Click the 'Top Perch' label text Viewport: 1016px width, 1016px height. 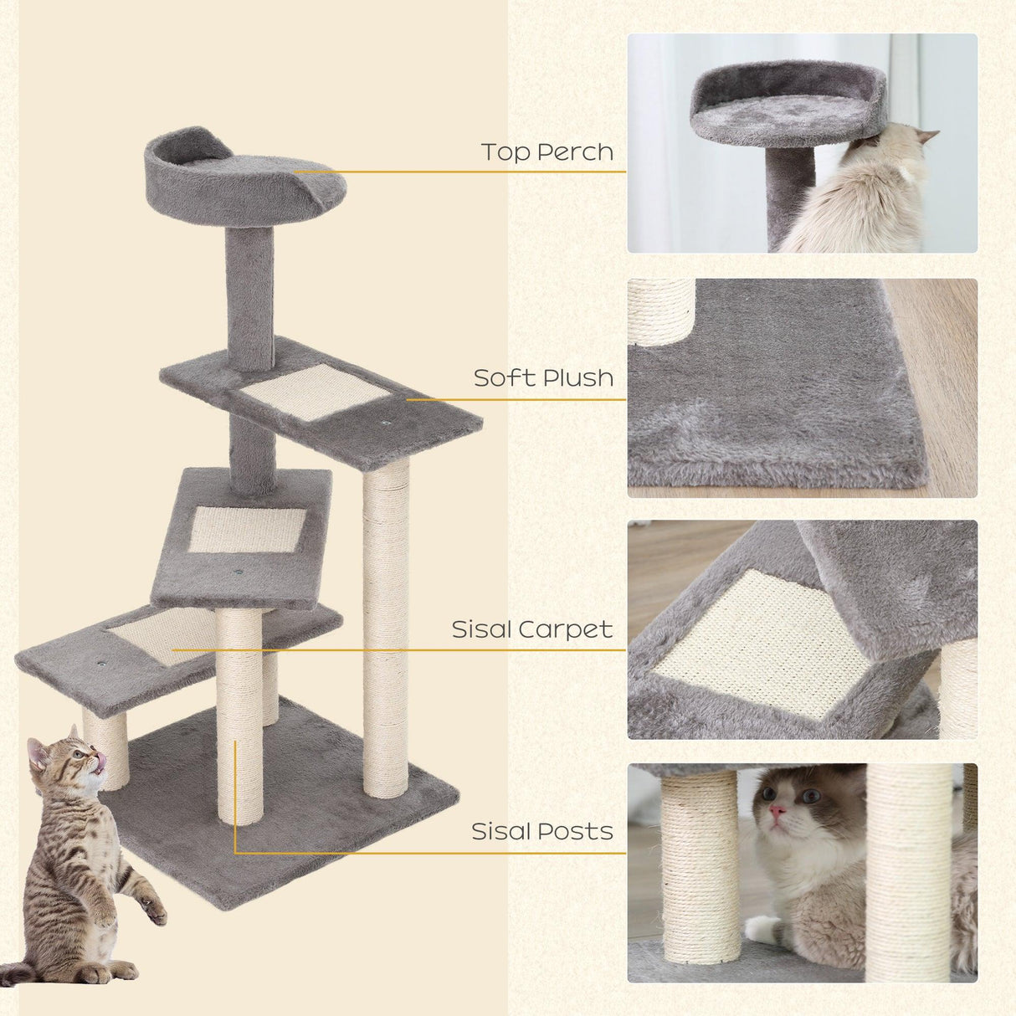coord(546,152)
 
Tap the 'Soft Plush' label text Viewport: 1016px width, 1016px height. coord(543,378)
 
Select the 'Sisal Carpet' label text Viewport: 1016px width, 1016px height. coord(532,629)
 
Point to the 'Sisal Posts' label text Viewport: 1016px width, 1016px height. coord(541,832)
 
